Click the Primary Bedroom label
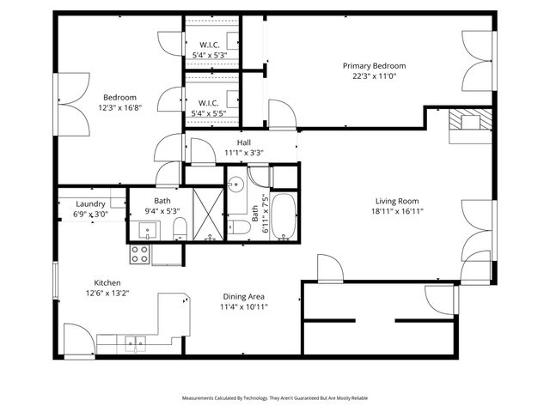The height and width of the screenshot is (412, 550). point(374,66)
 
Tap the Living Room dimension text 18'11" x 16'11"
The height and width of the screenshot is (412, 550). point(396,210)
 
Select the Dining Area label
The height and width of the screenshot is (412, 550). point(244,296)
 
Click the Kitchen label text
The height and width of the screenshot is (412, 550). point(107,282)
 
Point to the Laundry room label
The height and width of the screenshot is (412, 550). point(90,203)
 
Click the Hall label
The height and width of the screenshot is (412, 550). point(243,142)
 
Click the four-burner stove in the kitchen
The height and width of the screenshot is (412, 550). point(140,254)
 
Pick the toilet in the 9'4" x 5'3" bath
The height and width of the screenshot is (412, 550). point(180,227)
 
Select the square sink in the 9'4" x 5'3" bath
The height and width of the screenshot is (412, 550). point(147,229)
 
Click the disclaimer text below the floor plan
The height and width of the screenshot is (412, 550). point(274,398)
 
